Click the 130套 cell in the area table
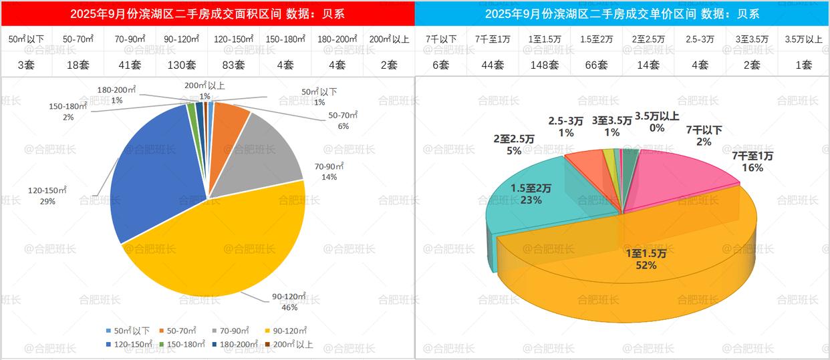click(181, 65)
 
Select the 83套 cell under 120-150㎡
click(233, 65)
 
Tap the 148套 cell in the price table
click(544, 65)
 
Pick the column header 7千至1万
click(492, 39)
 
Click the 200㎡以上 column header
click(389, 39)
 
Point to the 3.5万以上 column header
click(803, 39)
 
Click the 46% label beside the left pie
click(289, 307)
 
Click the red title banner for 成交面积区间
click(207, 14)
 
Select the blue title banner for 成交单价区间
click(621, 14)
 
